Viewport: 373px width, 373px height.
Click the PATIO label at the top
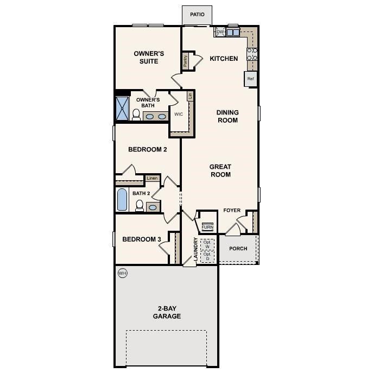198,15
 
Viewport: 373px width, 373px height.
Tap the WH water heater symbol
122,273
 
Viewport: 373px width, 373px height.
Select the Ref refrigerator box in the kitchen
250,79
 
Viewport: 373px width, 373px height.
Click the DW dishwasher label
220,33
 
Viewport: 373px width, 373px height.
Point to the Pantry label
185,61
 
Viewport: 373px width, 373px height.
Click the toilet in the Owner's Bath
136,115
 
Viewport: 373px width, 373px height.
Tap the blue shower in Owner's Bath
122,109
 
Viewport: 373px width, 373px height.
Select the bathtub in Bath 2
123,200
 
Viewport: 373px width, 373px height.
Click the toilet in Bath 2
140,206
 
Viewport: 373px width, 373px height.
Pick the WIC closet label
178,115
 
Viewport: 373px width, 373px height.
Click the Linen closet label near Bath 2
152,178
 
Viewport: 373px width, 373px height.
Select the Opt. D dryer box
207,256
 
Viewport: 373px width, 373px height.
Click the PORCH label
238,249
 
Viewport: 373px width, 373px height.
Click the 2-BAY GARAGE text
167,312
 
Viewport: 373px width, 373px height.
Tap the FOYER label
232,210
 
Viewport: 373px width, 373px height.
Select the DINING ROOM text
228,116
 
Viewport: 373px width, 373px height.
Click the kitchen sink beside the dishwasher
233,33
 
